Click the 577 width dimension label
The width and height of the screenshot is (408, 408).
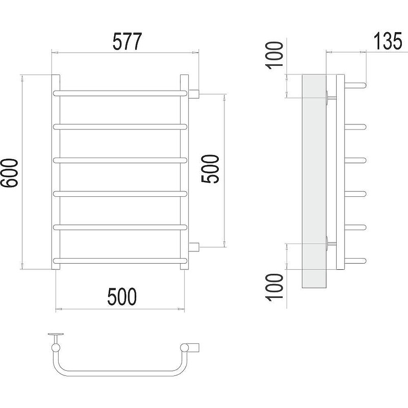click(127, 41)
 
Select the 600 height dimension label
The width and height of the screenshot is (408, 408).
click(9, 173)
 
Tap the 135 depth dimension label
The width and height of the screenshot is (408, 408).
click(388, 41)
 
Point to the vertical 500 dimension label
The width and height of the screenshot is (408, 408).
click(210, 169)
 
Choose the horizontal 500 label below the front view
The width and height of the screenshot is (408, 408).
click(122, 296)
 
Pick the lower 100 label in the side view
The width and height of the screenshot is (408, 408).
click(274, 287)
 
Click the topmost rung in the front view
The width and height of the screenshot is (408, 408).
click(120, 93)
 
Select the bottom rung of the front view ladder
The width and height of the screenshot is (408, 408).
click(120, 261)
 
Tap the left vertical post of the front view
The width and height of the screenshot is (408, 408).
click(56, 172)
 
